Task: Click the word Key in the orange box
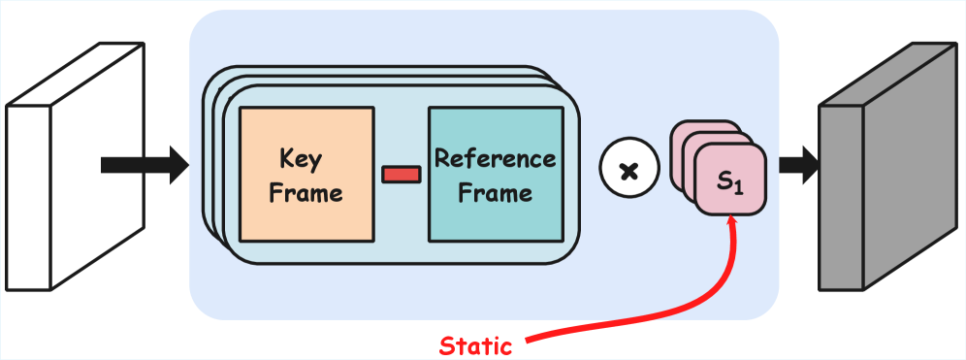pos(301,159)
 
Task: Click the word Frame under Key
pos(306,193)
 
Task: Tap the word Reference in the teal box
pos(495,158)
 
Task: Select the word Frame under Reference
pos(495,193)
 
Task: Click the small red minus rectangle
pos(401,175)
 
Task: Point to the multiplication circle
pos(628,172)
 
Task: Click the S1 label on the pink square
pos(729,180)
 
